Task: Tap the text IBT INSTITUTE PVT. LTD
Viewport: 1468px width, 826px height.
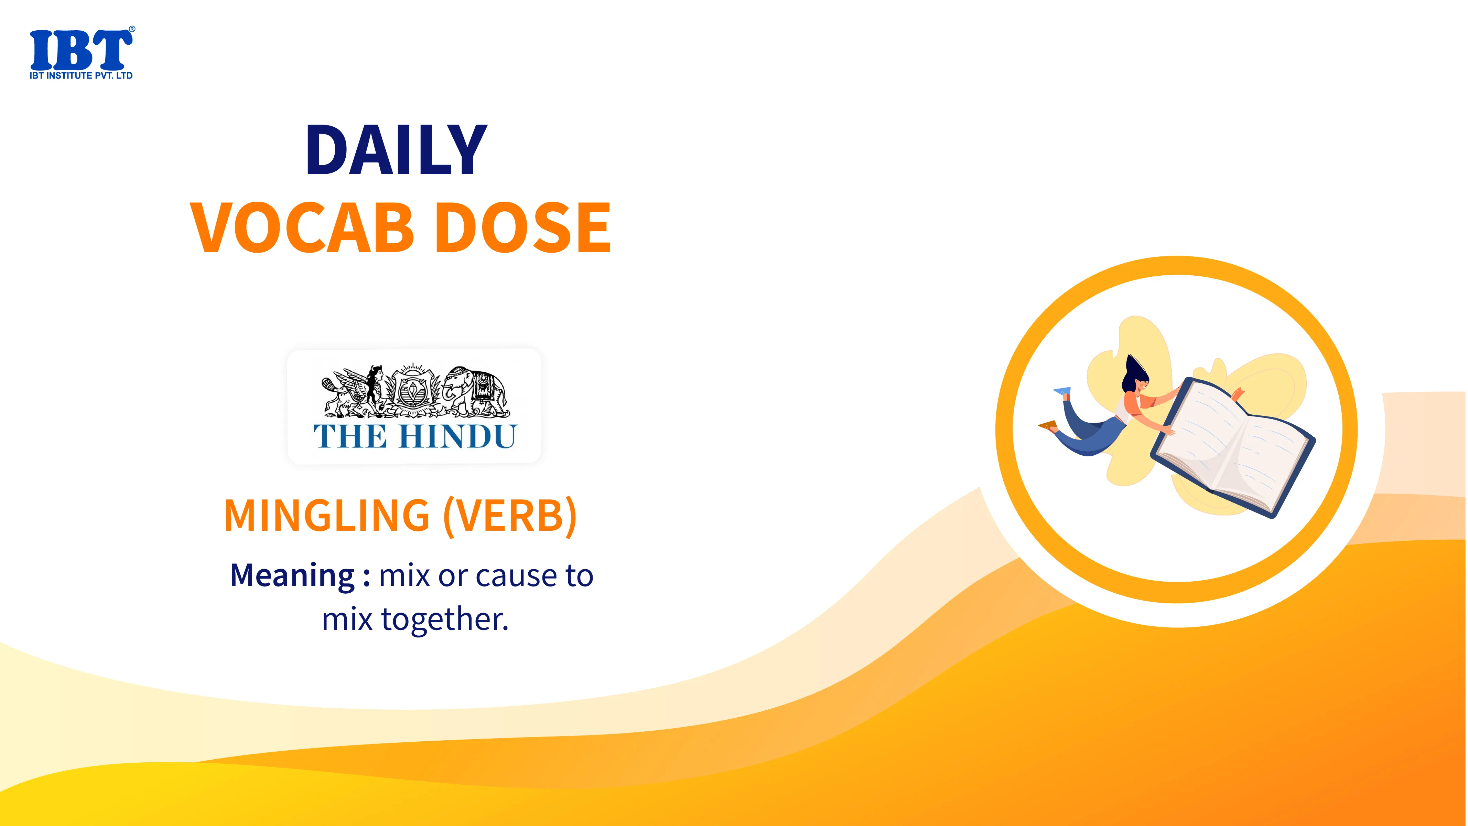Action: (81, 76)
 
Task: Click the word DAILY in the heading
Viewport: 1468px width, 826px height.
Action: (397, 150)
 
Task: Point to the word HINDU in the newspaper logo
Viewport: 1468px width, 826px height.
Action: (457, 437)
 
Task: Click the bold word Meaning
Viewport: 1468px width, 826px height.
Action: (292, 576)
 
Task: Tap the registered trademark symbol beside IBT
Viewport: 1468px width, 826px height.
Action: (132, 29)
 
